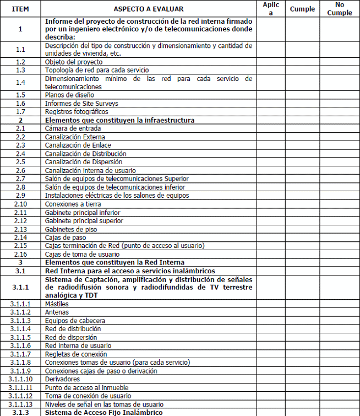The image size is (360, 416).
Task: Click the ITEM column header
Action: pos(20,9)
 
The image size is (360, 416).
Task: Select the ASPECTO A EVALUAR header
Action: pos(149,9)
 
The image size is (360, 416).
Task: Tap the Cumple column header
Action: pos(302,9)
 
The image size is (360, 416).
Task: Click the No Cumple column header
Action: pos(339,9)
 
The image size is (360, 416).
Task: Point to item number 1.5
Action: pos(20,95)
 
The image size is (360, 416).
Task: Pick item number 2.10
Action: pos(20,204)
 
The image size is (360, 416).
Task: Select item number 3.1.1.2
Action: pos(20,312)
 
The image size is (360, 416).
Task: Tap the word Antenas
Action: pos(57,312)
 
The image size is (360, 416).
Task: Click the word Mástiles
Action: pos(57,304)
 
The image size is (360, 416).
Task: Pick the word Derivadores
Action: pos(62,379)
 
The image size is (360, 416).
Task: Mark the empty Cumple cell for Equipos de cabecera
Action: pos(302,321)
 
